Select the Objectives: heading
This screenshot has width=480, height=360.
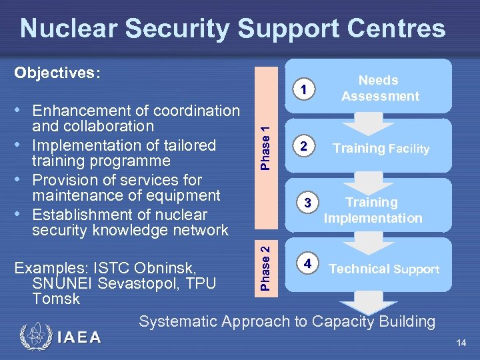(57, 73)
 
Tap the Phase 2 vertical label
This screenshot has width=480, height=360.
(265, 267)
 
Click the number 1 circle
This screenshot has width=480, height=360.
(303, 89)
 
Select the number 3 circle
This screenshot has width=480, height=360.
(307, 203)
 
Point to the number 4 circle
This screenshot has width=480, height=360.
(307, 262)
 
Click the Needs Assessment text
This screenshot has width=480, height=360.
(379, 88)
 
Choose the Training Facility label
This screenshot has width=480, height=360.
(381, 149)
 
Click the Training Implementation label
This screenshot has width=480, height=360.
(373, 210)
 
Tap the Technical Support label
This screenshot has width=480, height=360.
(384, 269)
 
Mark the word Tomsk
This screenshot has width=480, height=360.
(55, 299)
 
